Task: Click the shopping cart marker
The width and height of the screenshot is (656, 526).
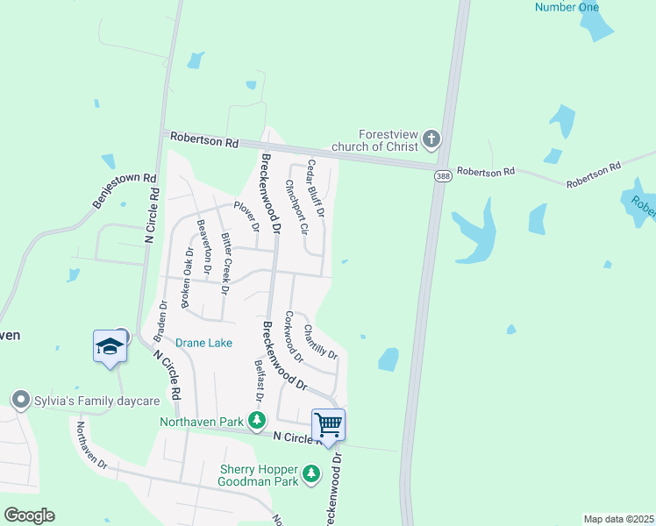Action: pyautogui.click(x=328, y=425)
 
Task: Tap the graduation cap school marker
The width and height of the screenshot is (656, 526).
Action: pyautogui.click(x=111, y=346)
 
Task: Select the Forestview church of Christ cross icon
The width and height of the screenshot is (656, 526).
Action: pyautogui.click(x=431, y=139)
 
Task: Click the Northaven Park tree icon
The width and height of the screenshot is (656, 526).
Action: pyautogui.click(x=257, y=422)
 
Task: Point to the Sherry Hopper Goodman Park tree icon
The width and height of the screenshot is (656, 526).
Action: pyautogui.click(x=310, y=474)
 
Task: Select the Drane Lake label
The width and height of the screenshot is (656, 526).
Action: pyautogui.click(x=203, y=343)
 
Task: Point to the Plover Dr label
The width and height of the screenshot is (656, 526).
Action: pyautogui.click(x=246, y=216)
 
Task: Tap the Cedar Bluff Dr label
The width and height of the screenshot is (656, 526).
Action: pyautogui.click(x=316, y=188)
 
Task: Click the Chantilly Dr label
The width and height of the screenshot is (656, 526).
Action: pyautogui.click(x=320, y=341)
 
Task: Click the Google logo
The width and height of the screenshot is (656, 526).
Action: pyautogui.click(x=29, y=515)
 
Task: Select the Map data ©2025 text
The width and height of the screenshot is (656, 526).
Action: pyautogui.click(x=618, y=519)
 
